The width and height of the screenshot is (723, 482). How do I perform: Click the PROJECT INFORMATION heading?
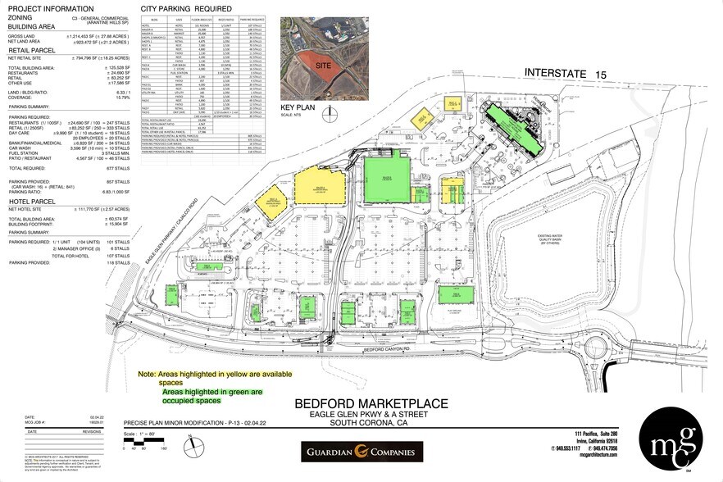coord(52,8)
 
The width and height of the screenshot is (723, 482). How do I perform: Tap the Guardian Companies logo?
coord(361,452)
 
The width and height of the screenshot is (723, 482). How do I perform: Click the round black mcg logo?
coord(671,440)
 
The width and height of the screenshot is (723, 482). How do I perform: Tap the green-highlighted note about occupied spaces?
coord(211,397)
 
